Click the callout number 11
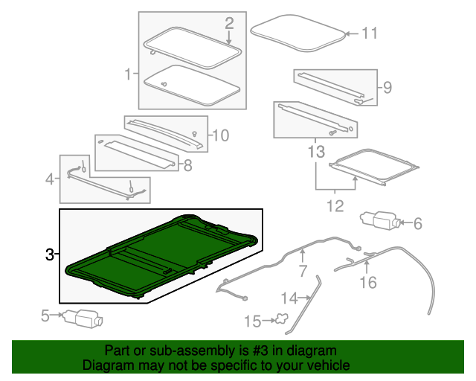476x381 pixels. (370, 33)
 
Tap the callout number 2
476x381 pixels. (229, 23)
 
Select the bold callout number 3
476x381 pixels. (50, 254)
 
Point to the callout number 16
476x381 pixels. (368, 282)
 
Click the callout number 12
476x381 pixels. (335, 206)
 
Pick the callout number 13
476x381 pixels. (316, 151)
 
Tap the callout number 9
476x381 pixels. (387, 88)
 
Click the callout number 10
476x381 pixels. (221, 135)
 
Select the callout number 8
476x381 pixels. (188, 166)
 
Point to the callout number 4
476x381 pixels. (50, 179)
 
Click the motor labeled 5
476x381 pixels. (83, 319)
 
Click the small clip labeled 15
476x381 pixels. (281, 319)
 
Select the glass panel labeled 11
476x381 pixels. (297, 33)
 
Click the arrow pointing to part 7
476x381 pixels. (303, 256)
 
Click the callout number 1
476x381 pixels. (129, 74)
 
